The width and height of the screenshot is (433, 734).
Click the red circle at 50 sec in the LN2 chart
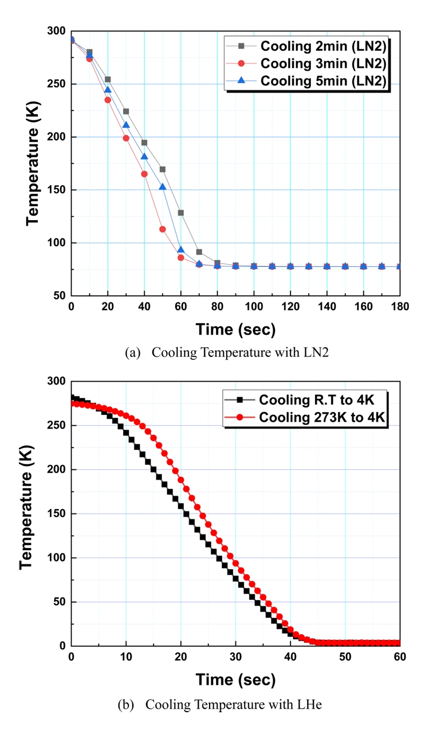[163, 229]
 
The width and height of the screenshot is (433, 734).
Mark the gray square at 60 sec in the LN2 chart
[181, 213]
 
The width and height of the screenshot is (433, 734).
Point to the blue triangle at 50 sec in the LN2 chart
[163, 187]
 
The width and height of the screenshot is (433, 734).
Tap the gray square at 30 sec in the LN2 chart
[126, 111]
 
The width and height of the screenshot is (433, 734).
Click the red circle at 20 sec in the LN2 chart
[108, 100]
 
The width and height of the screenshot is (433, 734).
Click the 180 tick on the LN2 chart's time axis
[400, 306]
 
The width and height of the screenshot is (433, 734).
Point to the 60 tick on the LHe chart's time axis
[400, 657]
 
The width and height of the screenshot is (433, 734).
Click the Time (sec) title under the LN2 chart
[235, 329]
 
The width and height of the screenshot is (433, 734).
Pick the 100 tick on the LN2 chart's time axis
[254, 306]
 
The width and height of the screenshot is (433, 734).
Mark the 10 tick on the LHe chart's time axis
[126, 657]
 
